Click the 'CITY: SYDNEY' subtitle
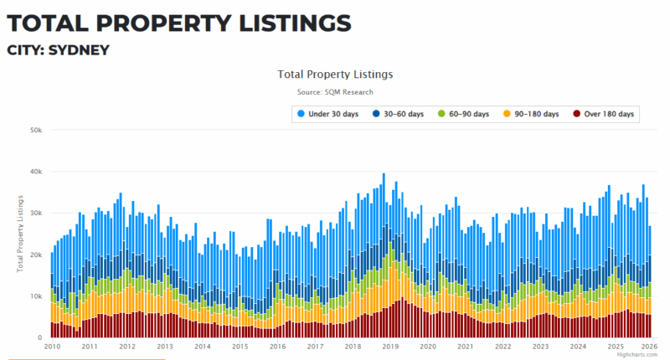point(59,50)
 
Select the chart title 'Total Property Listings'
point(335,74)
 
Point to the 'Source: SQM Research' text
point(335,92)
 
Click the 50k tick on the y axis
point(36,131)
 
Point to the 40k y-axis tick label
point(36,172)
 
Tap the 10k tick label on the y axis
point(36,296)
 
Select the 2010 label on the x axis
point(51,347)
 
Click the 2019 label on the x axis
point(390,347)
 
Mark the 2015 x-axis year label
point(240,347)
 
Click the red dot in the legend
point(577,114)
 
